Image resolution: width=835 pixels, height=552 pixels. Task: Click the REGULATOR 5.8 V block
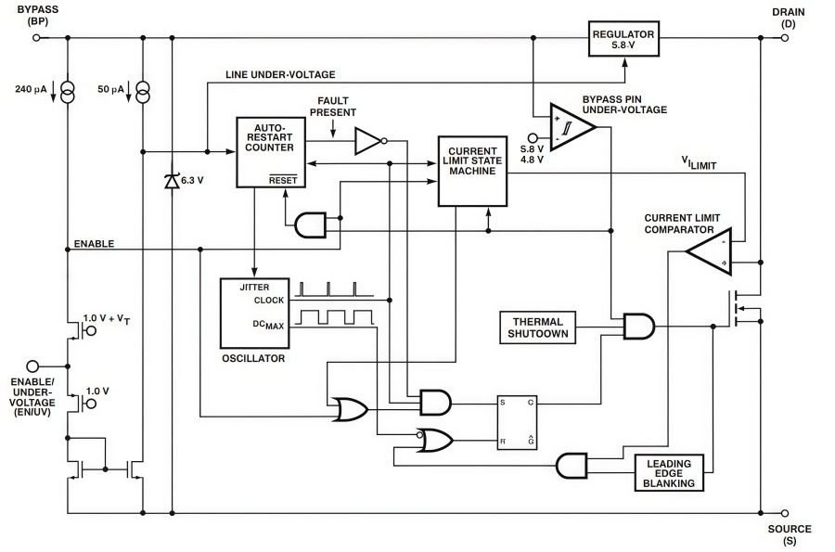point(623,40)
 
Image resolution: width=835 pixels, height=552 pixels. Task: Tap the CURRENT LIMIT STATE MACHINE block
point(472,170)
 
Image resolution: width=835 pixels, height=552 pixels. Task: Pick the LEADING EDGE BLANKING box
point(669,472)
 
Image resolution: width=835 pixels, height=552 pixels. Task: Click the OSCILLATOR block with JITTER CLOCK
point(254,311)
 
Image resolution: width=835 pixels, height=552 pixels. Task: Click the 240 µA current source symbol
point(68,92)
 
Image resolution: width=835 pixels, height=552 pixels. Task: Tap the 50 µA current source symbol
point(142,92)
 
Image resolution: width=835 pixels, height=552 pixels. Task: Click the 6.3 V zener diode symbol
point(171,180)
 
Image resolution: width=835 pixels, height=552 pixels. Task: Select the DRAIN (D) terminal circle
point(785,39)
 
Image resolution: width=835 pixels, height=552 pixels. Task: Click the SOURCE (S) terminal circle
point(785,512)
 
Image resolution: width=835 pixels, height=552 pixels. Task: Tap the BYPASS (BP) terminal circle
point(36,39)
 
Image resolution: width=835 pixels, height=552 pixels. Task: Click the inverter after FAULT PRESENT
point(368,141)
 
